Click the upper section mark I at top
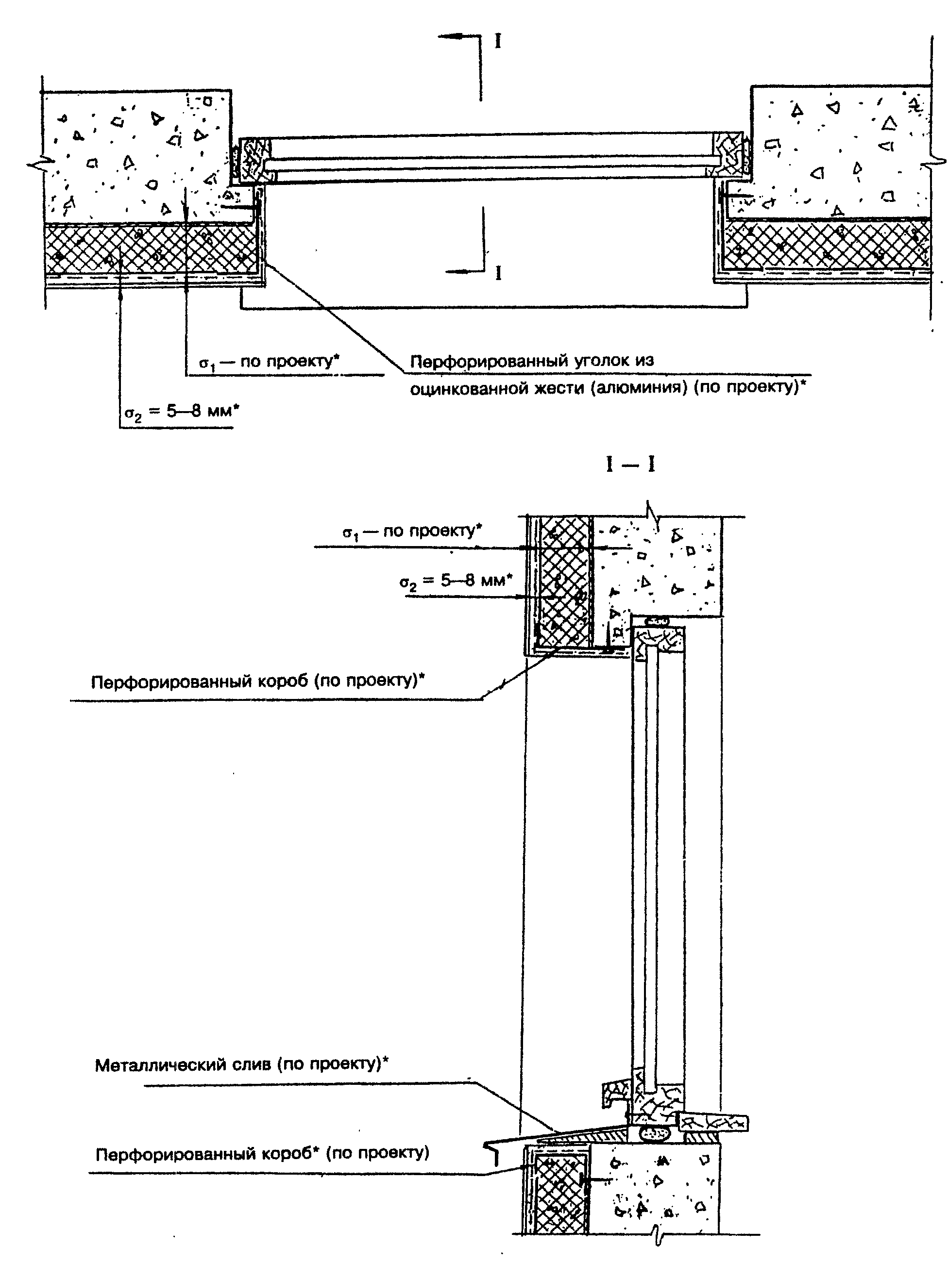coord(498,41)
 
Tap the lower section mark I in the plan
coord(498,273)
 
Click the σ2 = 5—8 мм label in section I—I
coord(456,581)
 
